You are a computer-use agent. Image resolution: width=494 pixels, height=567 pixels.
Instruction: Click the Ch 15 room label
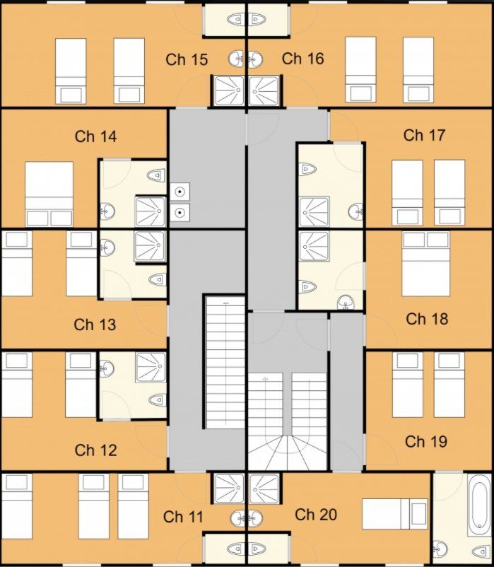[187, 59]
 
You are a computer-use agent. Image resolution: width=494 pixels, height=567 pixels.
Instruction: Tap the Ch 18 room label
[426, 319]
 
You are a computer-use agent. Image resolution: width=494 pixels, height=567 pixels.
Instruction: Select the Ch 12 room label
[95, 450]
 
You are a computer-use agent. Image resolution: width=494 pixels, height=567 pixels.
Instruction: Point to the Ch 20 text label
[316, 515]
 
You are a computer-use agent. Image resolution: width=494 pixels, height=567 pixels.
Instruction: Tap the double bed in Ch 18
[425, 263]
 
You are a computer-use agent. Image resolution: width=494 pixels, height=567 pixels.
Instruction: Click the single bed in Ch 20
[394, 514]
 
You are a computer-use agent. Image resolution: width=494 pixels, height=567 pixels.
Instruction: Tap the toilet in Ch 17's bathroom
[307, 168]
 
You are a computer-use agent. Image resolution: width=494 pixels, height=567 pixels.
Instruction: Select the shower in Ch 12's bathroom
[151, 368]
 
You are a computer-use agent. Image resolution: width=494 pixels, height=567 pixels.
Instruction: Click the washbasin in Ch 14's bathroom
[107, 211]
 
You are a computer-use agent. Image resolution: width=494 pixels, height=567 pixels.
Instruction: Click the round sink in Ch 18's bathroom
[346, 303]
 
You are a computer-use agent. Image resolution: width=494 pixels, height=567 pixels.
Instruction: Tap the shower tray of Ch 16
[264, 90]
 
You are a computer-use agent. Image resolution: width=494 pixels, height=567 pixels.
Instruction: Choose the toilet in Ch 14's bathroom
[155, 175]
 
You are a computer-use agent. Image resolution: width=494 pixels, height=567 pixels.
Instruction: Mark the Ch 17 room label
[424, 134]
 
